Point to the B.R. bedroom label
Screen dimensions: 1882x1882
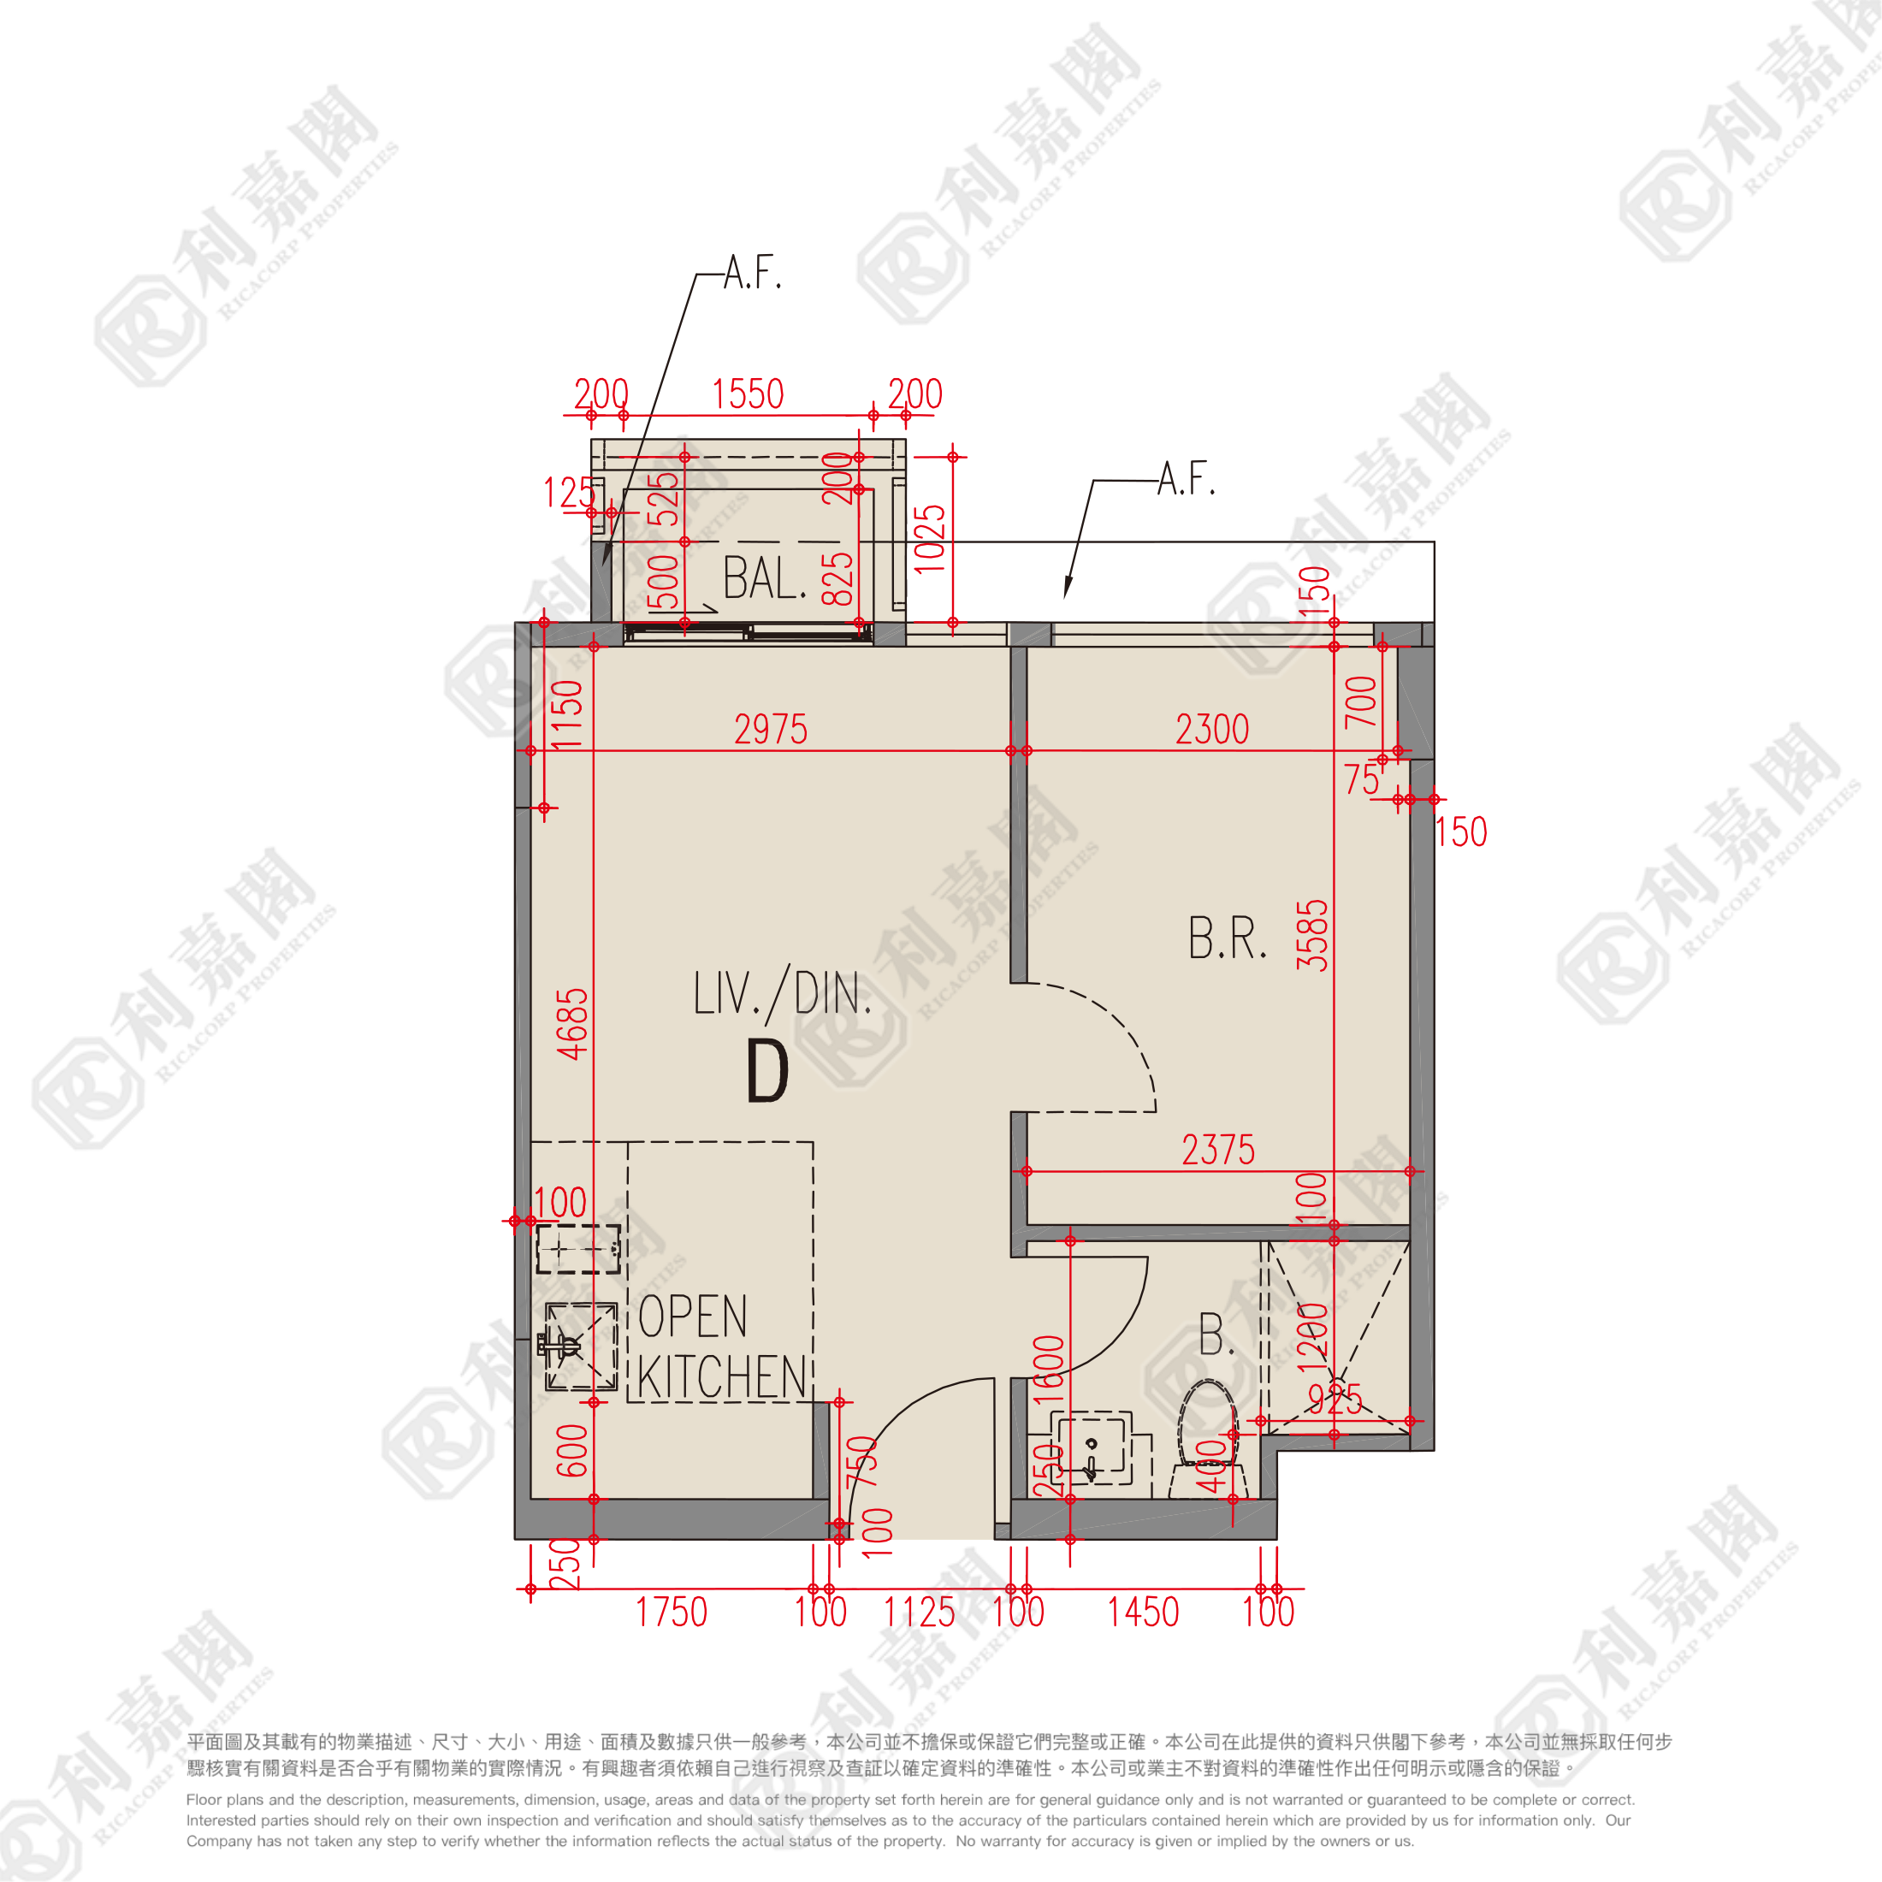tap(1227, 938)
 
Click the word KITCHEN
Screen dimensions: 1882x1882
tap(722, 1377)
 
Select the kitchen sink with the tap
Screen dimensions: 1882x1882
tap(581, 1346)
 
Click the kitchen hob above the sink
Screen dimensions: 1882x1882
tap(578, 1250)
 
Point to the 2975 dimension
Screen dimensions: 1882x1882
tap(771, 730)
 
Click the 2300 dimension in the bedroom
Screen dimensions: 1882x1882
tap(1212, 730)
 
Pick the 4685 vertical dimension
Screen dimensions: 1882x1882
tap(573, 1023)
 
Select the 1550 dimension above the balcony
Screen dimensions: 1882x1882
tap(747, 394)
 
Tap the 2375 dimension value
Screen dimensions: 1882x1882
tap(1217, 1151)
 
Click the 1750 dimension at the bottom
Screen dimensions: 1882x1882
tap(672, 1613)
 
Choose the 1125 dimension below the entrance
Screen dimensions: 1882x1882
tap(919, 1613)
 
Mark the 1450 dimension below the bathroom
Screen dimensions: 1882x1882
tap(1143, 1613)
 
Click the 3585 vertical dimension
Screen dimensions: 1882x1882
tap(1312, 935)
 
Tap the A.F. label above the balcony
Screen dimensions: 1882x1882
tap(753, 273)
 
